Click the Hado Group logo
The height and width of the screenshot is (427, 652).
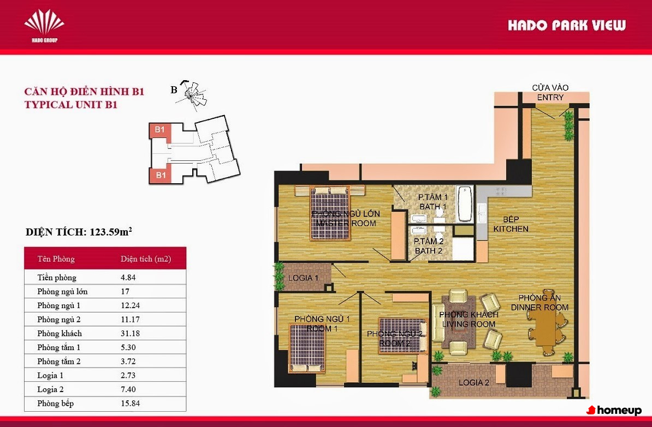44,26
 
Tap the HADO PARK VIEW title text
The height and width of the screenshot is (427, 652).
566,26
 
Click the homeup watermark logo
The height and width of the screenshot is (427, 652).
614,411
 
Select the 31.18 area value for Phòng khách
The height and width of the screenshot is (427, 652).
130,334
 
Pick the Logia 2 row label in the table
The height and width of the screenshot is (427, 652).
50,389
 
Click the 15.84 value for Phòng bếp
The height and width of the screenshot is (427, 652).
130,404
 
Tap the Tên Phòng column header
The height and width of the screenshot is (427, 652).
56,259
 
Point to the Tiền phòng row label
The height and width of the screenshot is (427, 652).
57,278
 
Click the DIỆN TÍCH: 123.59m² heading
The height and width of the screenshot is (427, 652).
79,232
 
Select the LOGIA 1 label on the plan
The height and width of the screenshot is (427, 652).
303,278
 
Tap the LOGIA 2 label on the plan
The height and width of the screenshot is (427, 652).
473,383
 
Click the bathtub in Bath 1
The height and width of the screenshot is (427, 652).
465,203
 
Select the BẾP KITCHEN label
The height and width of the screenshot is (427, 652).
511,224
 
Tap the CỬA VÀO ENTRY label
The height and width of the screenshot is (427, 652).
550,92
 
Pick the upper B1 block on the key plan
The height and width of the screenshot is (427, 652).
159,130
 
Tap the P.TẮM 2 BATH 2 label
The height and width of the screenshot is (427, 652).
429,246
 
